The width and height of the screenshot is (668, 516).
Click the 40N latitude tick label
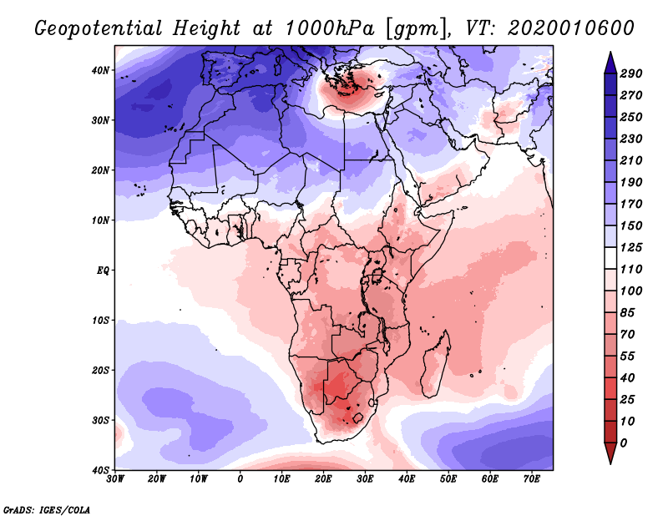[x=100, y=70]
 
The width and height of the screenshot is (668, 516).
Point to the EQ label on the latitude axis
[x=103, y=271]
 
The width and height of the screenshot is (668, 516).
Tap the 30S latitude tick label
[x=100, y=421]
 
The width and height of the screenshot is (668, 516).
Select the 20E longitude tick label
[x=323, y=479]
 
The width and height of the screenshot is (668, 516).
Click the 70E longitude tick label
[x=532, y=479]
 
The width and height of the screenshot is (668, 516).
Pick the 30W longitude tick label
[x=115, y=479]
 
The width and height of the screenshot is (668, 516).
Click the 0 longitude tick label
[x=240, y=479]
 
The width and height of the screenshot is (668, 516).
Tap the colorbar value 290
[x=631, y=73]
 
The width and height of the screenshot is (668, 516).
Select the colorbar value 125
[x=631, y=247]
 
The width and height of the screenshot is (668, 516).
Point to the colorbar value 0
[x=624, y=443]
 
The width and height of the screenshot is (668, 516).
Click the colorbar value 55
[x=628, y=357]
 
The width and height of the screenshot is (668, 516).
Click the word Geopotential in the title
[x=99, y=29]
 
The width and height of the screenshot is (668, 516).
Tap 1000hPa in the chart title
[x=329, y=28]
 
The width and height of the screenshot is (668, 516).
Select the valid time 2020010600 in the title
[x=571, y=28]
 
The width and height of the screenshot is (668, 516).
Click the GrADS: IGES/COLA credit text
[x=47, y=510]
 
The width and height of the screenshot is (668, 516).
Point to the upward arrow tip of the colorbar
[x=610, y=53]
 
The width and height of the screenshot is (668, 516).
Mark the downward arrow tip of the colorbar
[x=610, y=463]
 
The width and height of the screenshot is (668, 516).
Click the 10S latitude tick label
[x=100, y=321]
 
